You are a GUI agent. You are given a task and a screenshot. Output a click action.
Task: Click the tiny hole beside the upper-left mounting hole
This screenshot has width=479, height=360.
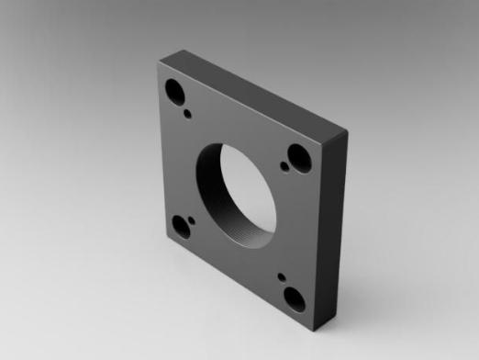pos(188,114)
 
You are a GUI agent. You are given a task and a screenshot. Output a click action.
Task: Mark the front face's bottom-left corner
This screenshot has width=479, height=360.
pos(168,242)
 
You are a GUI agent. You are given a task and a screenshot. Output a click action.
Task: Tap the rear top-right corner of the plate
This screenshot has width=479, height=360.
pos(347,132)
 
